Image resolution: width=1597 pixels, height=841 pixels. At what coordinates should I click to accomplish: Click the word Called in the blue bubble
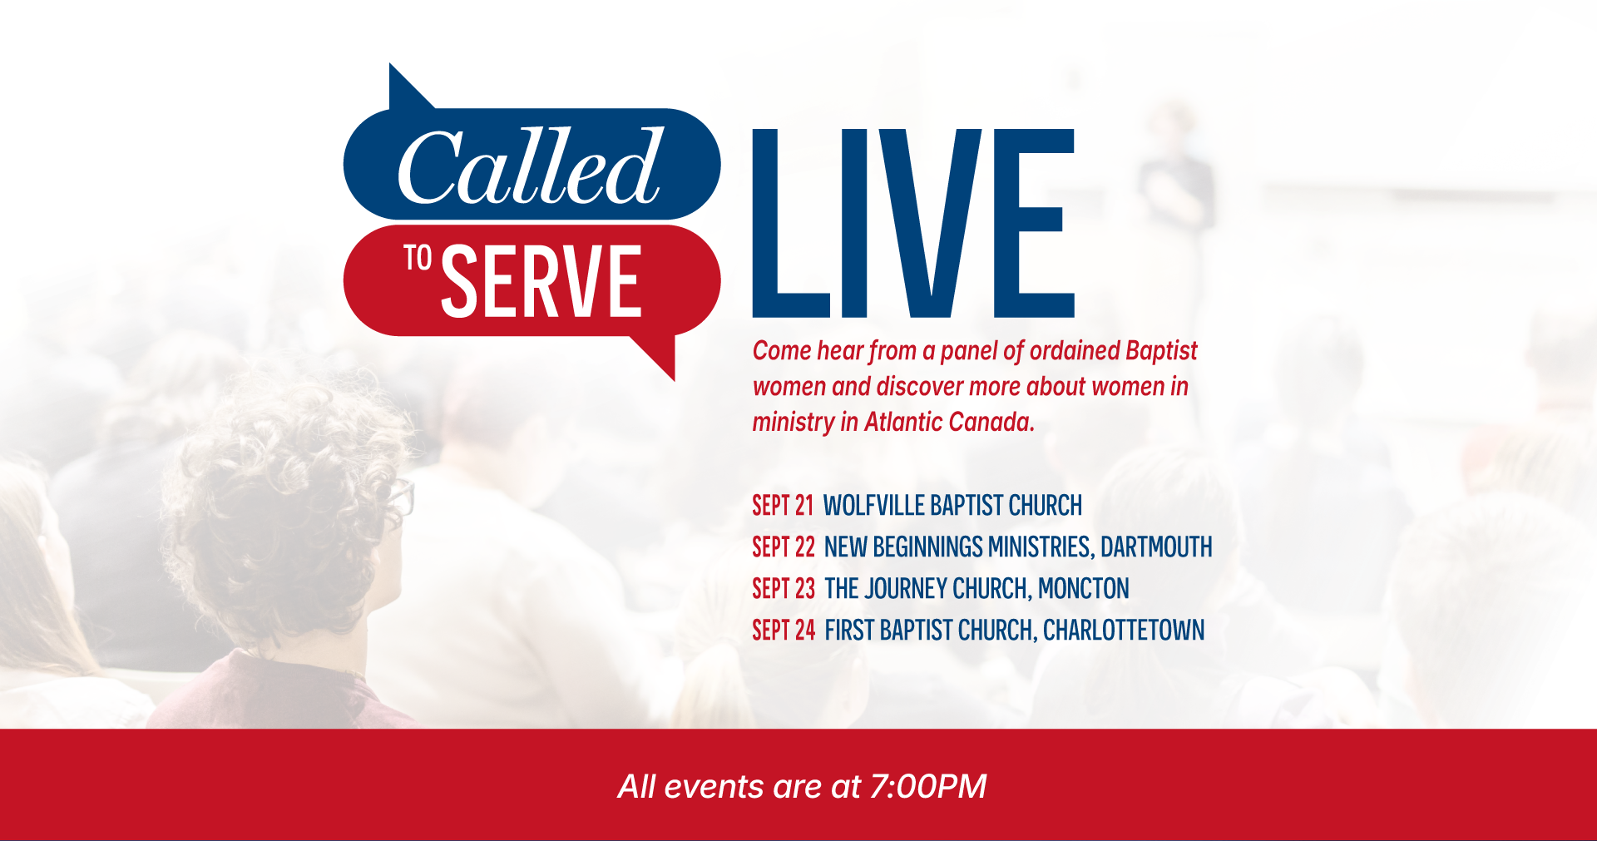pos(530,166)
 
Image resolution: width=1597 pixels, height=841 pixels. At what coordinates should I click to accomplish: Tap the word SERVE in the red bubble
pos(541,281)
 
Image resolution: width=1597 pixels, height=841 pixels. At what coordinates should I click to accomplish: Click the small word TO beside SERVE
pos(418,258)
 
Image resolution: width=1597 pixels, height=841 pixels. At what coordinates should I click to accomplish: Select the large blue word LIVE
pos(913,223)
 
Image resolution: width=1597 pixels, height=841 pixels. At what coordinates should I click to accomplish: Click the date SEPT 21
pos(783,506)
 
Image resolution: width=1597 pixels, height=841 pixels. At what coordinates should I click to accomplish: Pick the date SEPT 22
pos(784,547)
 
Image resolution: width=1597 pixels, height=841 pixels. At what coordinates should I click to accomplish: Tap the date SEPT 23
pos(784,589)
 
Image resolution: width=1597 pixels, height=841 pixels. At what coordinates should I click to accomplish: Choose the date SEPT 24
pos(784,631)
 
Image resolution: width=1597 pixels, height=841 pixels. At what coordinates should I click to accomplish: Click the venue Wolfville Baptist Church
pos(953,506)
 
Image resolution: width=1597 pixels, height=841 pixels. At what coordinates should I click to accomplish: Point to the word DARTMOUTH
pos(1156,547)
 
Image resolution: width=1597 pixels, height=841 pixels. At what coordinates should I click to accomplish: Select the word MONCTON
pos(1084,589)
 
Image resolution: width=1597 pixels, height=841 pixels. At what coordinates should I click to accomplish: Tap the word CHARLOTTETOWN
pos(1124,631)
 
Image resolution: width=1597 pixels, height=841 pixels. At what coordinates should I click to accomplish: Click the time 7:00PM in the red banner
pos(928,786)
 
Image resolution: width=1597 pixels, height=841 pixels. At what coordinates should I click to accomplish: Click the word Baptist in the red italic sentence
pos(1161,351)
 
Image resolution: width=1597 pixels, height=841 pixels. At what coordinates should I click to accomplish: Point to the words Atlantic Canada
pos(950,422)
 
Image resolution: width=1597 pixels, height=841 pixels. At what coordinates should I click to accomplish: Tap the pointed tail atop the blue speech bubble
pos(408,87)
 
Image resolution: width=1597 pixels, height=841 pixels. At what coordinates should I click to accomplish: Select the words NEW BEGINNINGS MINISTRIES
pos(958,547)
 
